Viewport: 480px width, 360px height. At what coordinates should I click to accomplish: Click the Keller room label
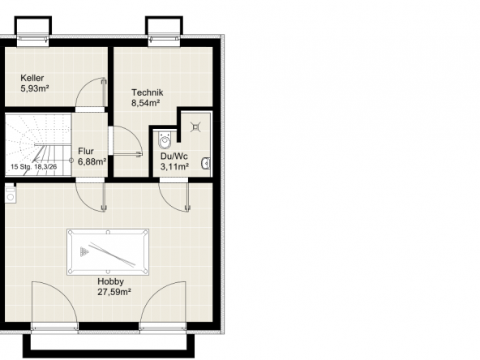[x=32, y=78]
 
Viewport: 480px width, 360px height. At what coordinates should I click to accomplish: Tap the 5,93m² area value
[x=35, y=88]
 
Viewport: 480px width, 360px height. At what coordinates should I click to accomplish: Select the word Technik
[x=148, y=92]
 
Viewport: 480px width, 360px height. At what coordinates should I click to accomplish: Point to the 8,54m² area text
[x=146, y=103]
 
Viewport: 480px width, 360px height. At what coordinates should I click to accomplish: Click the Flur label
[x=86, y=152]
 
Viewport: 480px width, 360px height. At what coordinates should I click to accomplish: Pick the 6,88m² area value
[x=92, y=161]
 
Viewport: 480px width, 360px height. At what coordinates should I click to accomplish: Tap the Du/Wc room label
[x=174, y=156]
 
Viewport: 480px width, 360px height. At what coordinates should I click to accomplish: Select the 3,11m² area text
[x=174, y=167]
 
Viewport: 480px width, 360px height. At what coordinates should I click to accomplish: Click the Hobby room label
[x=111, y=281]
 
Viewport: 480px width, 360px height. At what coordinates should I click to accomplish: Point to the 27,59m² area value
[x=114, y=292]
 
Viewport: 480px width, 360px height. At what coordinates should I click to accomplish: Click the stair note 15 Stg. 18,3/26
[x=34, y=167]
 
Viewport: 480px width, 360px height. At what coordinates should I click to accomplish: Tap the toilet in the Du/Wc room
[x=165, y=140]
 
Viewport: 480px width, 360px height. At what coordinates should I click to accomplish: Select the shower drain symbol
[x=195, y=126]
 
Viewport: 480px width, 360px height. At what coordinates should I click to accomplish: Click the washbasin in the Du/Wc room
[x=206, y=163]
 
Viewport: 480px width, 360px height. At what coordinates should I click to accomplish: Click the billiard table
[x=108, y=252]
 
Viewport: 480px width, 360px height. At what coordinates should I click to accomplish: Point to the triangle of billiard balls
[x=84, y=252]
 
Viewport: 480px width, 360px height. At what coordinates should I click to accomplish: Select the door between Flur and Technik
[x=126, y=141]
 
